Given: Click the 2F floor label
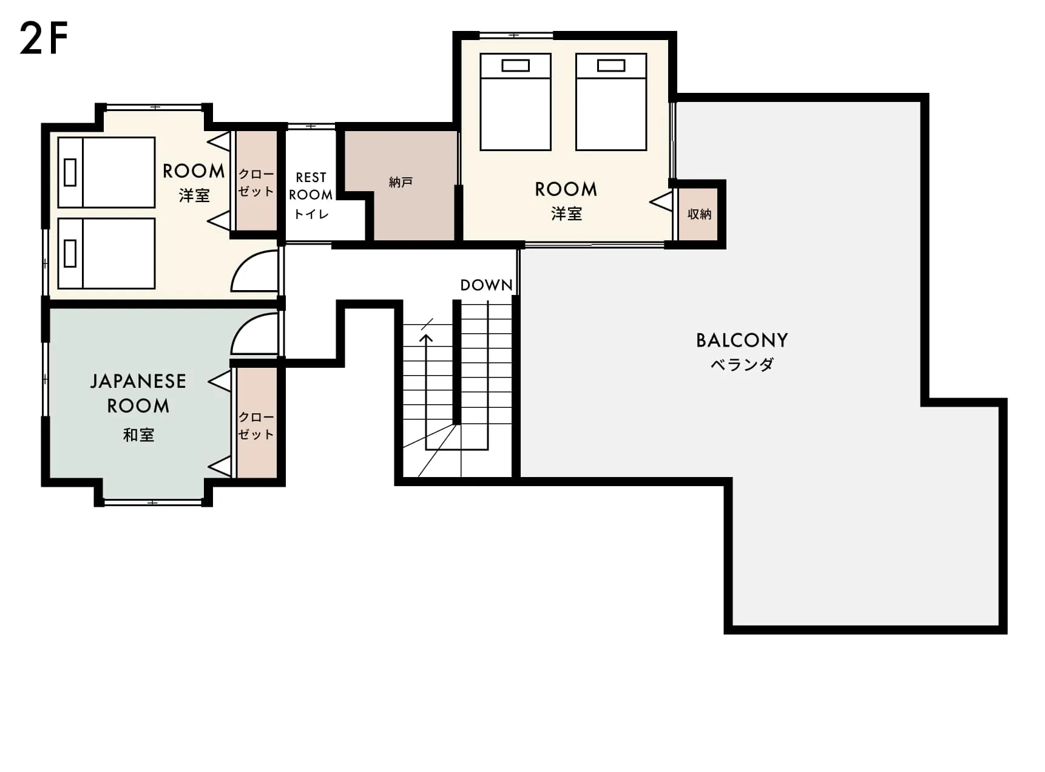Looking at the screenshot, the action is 44,38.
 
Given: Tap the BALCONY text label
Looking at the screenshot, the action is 742,340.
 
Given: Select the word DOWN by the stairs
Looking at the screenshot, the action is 486,285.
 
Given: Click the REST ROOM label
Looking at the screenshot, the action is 311,186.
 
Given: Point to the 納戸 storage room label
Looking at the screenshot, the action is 401,182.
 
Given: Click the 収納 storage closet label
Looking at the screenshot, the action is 699,214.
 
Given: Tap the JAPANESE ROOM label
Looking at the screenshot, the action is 138,393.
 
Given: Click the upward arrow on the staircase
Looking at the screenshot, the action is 427,391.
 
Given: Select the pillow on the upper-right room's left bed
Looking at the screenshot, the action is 515,66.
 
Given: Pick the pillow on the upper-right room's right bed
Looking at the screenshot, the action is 611,66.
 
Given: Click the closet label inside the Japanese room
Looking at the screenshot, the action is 255,425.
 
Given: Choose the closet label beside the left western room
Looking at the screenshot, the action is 255,182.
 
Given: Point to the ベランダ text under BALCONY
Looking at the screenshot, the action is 742,364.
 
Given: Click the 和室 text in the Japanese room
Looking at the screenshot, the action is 138,435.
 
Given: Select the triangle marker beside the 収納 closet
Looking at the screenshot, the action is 661,201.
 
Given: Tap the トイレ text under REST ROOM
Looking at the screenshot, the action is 311,214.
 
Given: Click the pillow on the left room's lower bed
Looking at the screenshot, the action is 70,254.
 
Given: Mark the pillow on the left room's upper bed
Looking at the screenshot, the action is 70,172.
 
